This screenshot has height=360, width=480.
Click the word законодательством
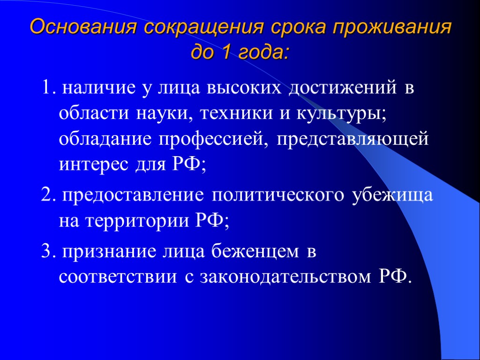pyautogui.click(x=286, y=277)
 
